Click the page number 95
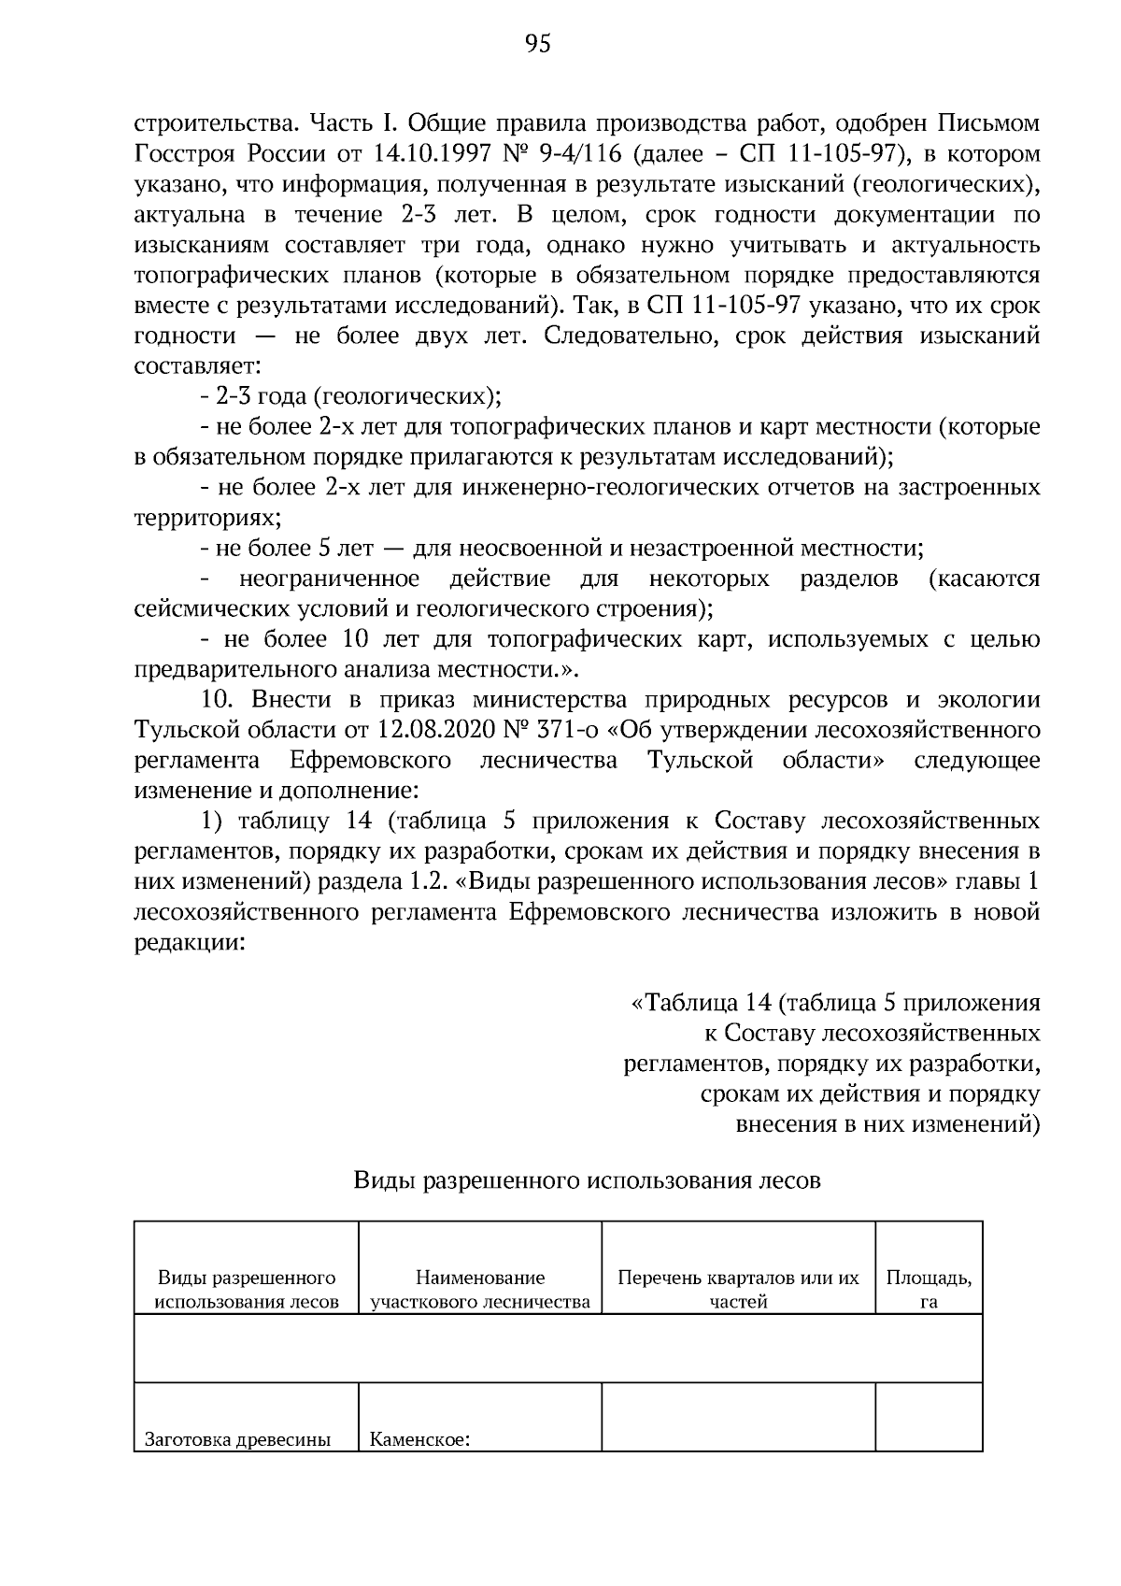click(x=538, y=44)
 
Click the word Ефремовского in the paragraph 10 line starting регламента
click(x=371, y=760)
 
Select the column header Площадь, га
click(x=929, y=1289)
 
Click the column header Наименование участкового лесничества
click(x=480, y=1289)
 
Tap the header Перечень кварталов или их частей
click(x=738, y=1289)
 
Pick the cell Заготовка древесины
click(x=238, y=1439)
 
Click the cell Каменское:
click(x=419, y=1439)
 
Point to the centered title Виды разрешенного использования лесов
click(x=587, y=1180)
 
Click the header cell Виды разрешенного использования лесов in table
click(x=247, y=1289)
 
